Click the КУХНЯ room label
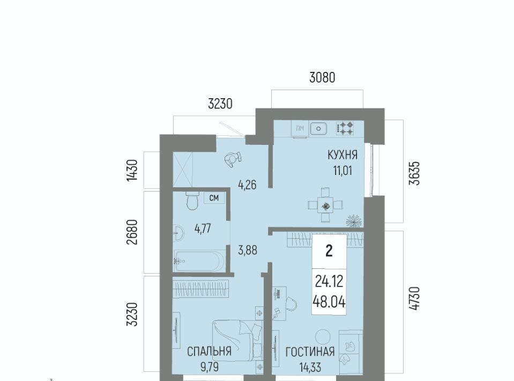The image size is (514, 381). (342, 155)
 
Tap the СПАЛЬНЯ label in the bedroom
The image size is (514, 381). (209, 351)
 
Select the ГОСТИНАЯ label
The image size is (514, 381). (310, 352)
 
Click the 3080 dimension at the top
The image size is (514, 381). (322, 78)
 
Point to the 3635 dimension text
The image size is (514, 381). (414, 173)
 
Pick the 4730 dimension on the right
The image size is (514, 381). (414, 298)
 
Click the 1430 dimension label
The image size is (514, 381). (132, 170)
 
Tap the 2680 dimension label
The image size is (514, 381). (132, 232)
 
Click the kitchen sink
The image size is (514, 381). (318, 129)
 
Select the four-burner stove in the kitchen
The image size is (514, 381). (345, 128)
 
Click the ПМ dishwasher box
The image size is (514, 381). (300, 129)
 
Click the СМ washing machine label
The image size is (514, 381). (214, 198)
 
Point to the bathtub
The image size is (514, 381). (199, 261)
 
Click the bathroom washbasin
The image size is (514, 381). (178, 233)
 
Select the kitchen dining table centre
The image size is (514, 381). (325, 206)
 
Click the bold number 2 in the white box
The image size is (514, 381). (329, 251)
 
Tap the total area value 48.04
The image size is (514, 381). (329, 302)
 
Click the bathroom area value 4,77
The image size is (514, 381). (203, 229)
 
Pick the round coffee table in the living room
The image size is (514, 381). (323, 336)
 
